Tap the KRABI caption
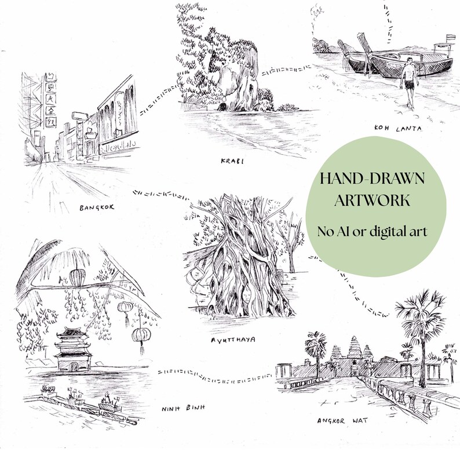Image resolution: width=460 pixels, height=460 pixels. coord(231,160)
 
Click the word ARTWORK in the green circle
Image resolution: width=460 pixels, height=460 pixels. coord(373,200)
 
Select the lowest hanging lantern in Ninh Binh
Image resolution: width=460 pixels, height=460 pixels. coord(139,336)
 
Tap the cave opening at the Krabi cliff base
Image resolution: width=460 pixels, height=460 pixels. coord(222,107)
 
